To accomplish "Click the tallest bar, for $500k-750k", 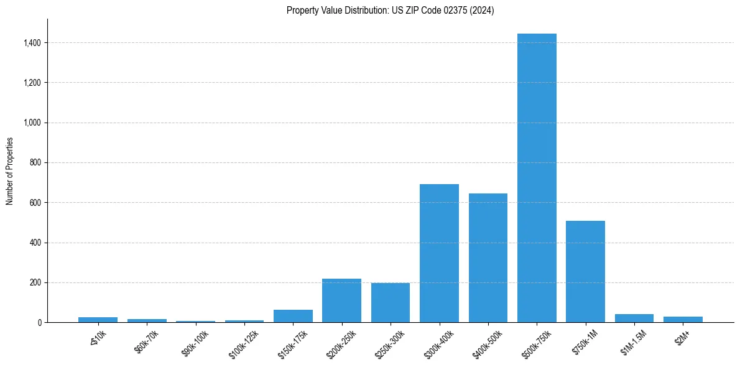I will (537, 178).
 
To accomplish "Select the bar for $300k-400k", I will (439, 253).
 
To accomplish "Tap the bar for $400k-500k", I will (488, 258).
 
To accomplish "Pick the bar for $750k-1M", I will (585, 271).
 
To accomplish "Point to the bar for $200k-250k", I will (341, 300).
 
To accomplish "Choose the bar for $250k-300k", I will (391, 302).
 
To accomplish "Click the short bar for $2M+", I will (683, 319).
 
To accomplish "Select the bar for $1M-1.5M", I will (634, 318).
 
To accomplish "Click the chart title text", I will (390, 11).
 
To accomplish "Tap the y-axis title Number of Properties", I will (10, 170).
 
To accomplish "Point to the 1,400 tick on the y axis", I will (32, 43).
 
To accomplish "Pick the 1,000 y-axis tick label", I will (32, 123).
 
